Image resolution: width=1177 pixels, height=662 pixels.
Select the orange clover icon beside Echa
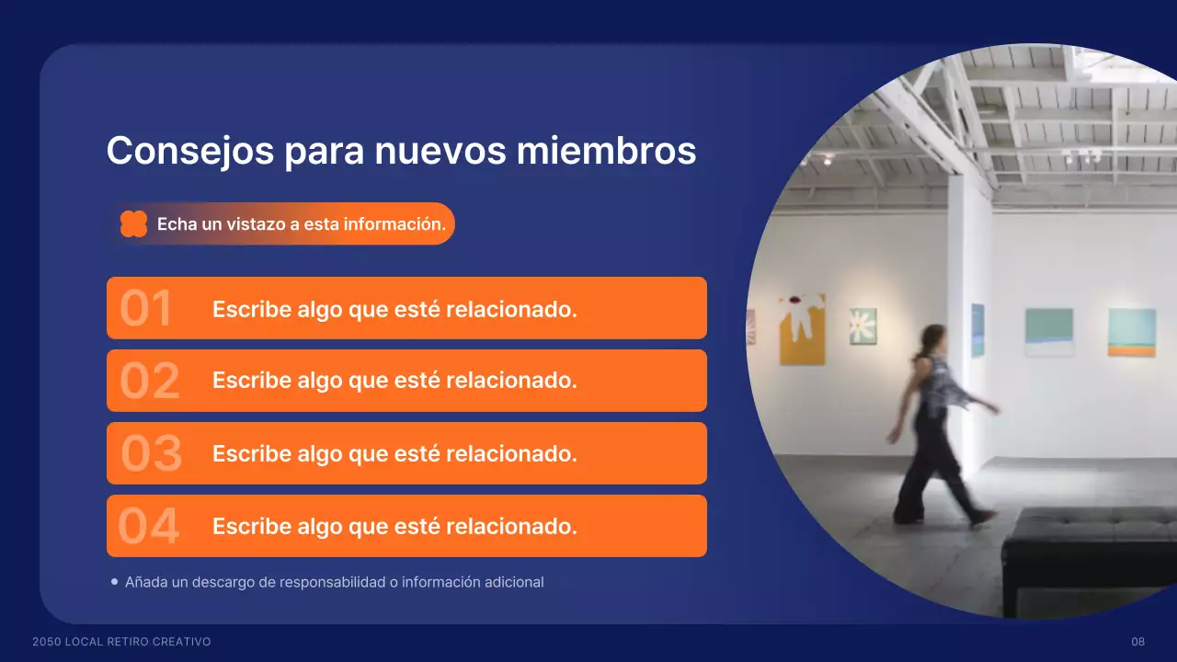[133, 223]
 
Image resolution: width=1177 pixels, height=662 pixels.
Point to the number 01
[146, 309]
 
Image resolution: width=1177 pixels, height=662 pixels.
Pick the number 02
[149, 382]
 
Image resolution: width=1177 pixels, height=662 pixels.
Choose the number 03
[152, 454]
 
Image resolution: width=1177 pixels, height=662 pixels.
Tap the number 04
[149, 527]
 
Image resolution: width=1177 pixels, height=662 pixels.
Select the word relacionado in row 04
[511, 527]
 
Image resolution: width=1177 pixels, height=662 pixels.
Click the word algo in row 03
[319, 455]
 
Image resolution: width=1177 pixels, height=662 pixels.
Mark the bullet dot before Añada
[114, 581]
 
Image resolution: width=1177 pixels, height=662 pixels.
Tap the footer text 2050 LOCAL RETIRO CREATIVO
[121, 642]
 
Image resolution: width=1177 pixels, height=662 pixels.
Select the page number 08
[1138, 642]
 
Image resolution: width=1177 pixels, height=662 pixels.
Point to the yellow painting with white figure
[802, 329]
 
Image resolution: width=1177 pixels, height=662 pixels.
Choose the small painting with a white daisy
[863, 325]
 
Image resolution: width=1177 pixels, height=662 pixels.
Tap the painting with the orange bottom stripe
[1131, 332]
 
